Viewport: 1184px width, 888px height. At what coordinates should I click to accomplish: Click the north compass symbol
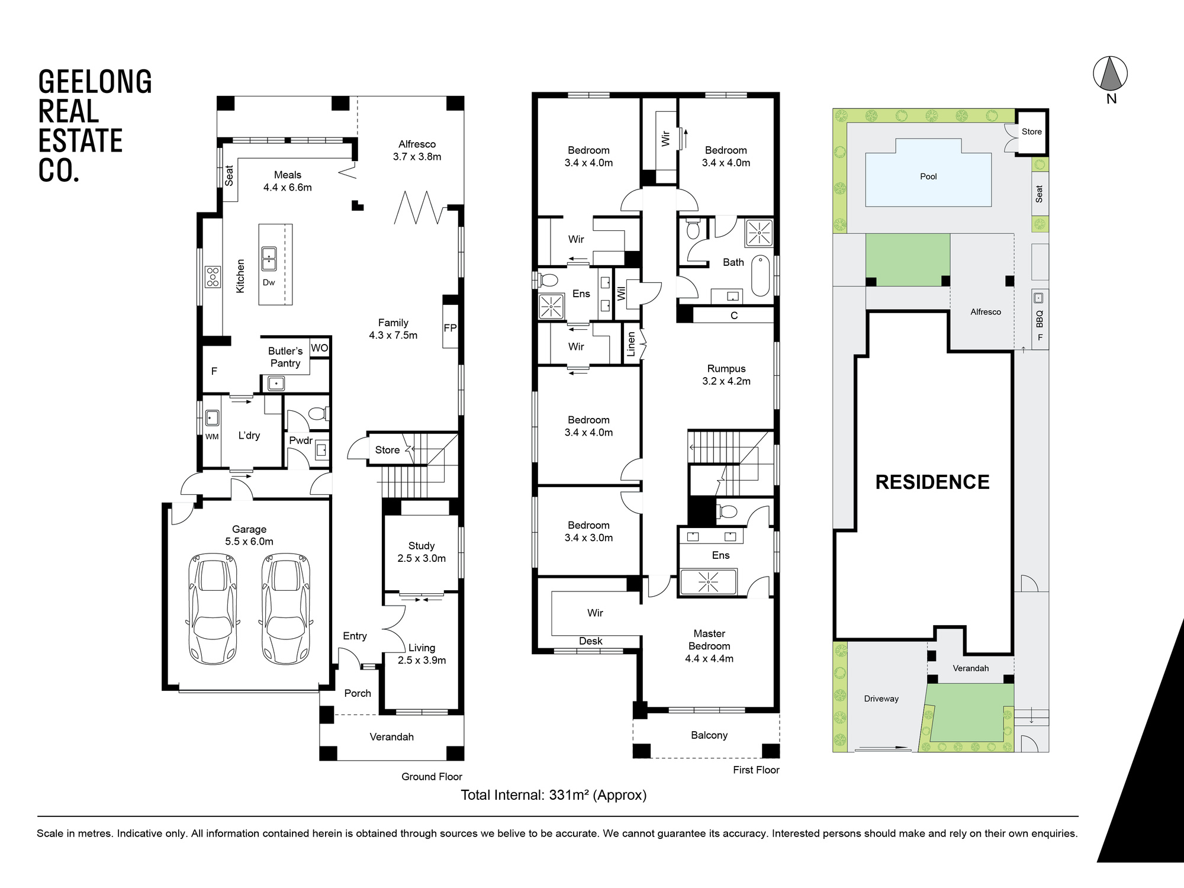click(x=1110, y=76)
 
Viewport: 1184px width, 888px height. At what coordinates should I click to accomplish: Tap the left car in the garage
click(x=213, y=609)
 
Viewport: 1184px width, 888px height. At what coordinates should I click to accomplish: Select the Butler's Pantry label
click(x=285, y=357)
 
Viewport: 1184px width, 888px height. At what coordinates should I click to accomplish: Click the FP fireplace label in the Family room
click(x=450, y=328)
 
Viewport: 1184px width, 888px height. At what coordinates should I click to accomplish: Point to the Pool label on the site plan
click(x=928, y=176)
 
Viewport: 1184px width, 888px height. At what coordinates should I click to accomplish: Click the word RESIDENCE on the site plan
click(x=932, y=482)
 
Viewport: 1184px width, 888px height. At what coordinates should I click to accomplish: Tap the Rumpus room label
click(x=726, y=375)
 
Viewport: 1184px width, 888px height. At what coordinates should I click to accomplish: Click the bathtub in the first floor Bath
click(x=761, y=275)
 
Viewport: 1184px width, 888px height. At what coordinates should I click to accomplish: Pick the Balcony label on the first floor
click(x=709, y=735)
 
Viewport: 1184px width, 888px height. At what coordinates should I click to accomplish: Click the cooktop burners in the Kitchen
click(x=213, y=276)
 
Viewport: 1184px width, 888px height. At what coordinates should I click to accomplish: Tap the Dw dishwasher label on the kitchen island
click(x=269, y=282)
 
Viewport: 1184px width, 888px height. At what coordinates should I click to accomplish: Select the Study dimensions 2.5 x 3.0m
click(x=422, y=558)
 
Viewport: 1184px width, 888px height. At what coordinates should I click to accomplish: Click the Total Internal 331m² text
click(x=554, y=795)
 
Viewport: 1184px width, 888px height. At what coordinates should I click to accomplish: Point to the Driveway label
click(x=881, y=699)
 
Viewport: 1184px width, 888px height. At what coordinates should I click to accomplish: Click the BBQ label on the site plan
click(x=1040, y=319)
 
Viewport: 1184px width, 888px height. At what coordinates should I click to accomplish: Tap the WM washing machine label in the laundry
click(x=212, y=437)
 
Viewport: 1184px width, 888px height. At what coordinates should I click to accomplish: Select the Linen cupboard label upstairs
click(x=631, y=345)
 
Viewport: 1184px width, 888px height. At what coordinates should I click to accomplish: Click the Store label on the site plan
click(x=1031, y=131)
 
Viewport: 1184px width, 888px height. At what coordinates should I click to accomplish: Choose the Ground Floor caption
click(x=432, y=777)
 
